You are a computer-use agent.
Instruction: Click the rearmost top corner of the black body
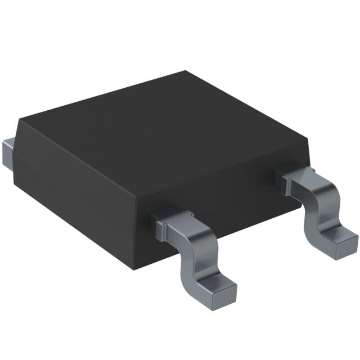click(x=186, y=71)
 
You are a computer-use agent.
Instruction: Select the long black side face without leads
click(x=73, y=191)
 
